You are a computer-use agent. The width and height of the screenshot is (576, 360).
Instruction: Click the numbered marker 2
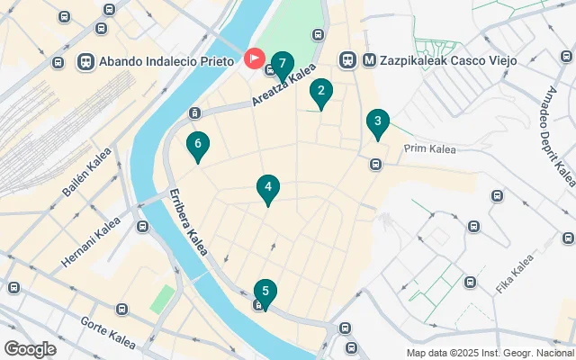(x=320, y=92)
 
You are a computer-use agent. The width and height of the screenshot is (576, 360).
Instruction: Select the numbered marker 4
(x=267, y=187)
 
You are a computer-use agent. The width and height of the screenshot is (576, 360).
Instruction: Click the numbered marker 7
(x=283, y=65)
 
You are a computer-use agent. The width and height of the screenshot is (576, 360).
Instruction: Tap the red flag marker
(x=255, y=60)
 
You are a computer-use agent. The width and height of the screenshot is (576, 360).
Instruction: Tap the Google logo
(x=30, y=348)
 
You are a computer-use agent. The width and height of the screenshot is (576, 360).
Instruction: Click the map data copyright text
(x=490, y=353)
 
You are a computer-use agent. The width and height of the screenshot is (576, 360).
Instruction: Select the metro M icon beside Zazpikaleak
(x=369, y=60)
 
